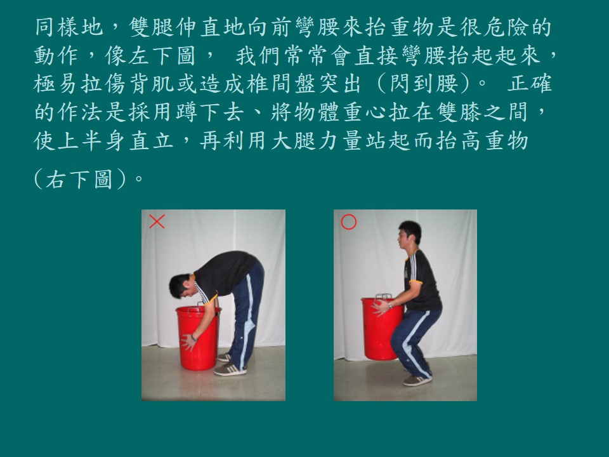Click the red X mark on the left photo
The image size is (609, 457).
157,222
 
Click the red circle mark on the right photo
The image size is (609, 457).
348,222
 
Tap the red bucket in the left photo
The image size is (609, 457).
198,337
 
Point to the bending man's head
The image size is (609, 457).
181,286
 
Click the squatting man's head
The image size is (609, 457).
409,234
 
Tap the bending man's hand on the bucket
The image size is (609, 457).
189,342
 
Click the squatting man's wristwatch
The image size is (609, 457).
390,306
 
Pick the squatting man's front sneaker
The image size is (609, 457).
417,380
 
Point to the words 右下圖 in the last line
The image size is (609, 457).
80,180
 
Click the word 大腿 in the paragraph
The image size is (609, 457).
293,140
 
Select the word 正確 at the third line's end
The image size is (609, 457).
529,84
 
